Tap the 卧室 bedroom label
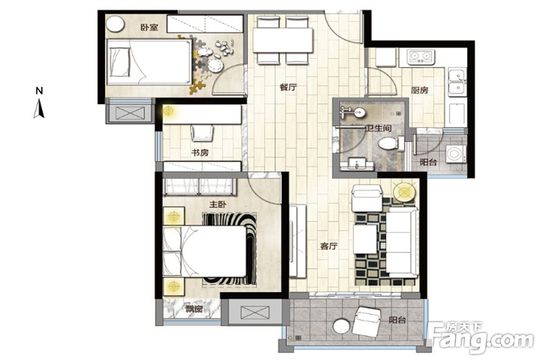149,27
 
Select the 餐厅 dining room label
288,87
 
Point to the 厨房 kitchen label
420,90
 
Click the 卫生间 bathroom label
379,128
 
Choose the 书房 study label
200,152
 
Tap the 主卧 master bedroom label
218,204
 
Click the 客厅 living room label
329,246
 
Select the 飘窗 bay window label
194,309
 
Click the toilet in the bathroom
391,143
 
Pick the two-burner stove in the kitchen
421,57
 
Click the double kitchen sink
457,82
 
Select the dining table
283,40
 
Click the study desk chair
202,133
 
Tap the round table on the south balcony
342,326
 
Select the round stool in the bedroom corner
115,24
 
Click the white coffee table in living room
365,239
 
